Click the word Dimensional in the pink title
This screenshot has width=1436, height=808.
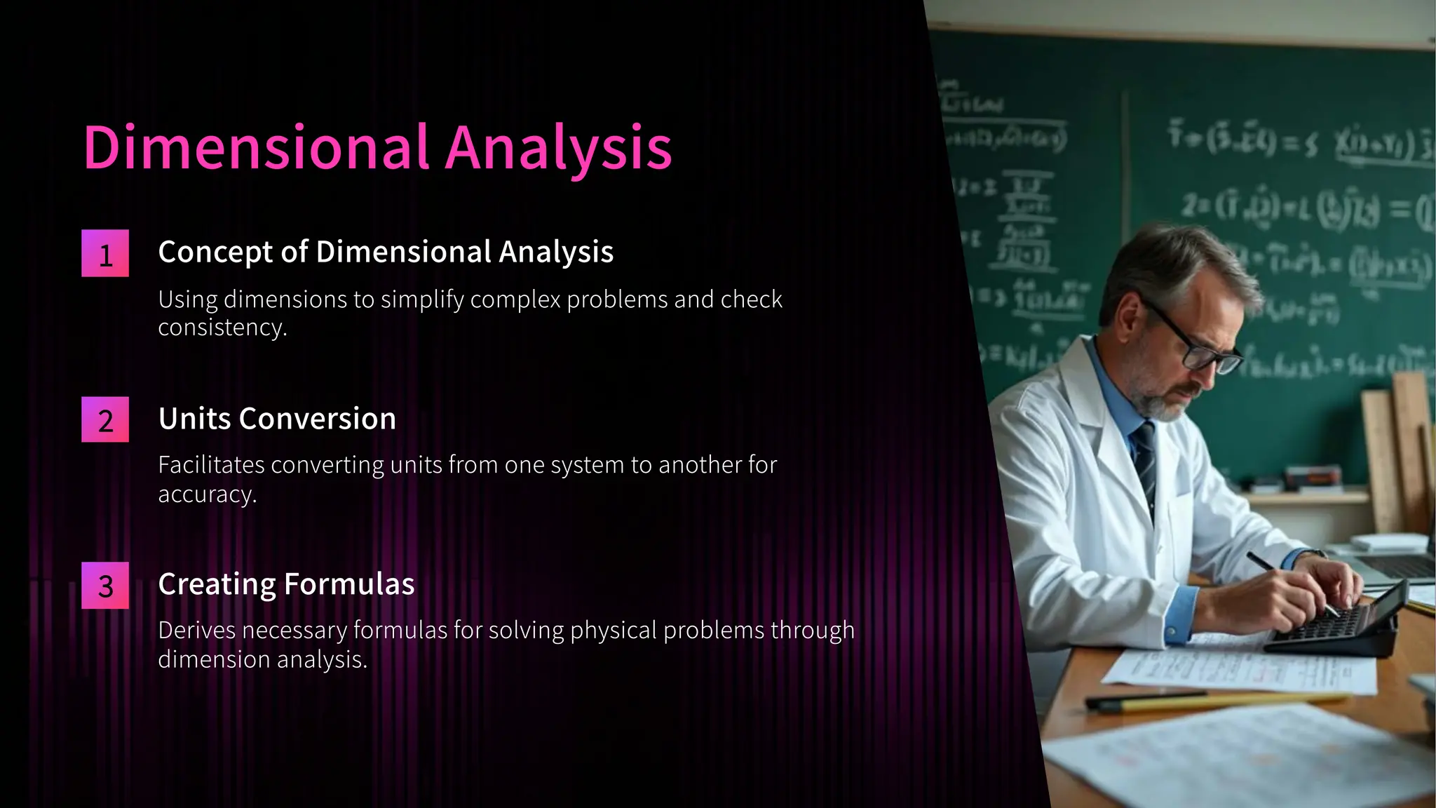pos(256,148)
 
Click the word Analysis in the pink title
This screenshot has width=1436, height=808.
pos(558,148)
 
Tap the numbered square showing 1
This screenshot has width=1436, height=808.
pos(105,254)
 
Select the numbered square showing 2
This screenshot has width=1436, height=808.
pos(105,420)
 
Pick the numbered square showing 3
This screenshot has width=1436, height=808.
pos(105,586)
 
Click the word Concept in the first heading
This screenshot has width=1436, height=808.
pos(215,252)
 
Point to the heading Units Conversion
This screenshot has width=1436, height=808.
pos(277,419)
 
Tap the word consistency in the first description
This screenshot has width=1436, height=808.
pos(222,328)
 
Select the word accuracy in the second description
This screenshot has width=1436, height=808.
pos(206,494)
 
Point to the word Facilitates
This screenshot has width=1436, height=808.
pos(210,465)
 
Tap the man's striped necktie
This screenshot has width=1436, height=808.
pos(1147,463)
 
